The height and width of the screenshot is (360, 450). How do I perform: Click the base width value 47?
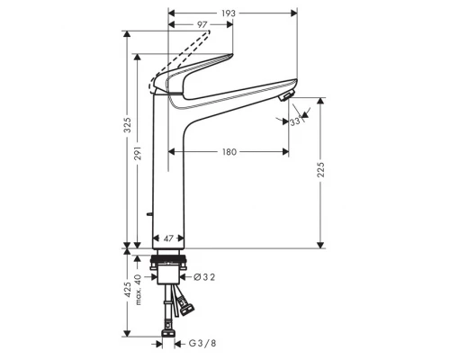pos(167,239)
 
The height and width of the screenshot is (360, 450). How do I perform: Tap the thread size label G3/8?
pos(203,341)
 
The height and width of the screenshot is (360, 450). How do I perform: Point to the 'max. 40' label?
pos(139,289)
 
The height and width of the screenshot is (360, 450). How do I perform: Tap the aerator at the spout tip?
pos(285,94)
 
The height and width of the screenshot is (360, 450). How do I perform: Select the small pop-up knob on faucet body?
pos(148,214)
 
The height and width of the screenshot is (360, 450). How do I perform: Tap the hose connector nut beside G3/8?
pos(167,340)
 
